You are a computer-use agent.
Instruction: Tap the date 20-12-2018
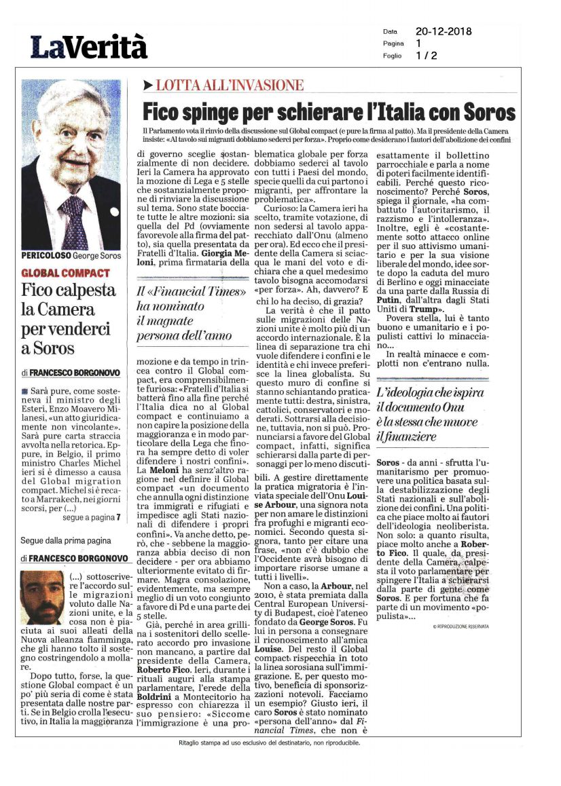coord(444,31)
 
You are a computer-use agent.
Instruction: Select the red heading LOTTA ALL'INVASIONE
coord(230,86)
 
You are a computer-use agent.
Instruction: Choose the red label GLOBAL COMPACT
coord(65,273)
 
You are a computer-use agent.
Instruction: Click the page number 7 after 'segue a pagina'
coord(117,517)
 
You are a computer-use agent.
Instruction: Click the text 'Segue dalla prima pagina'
coord(61,541)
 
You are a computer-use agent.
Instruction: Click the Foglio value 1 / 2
coord(427,56)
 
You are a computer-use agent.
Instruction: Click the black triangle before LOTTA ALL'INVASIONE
coord(147,86)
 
